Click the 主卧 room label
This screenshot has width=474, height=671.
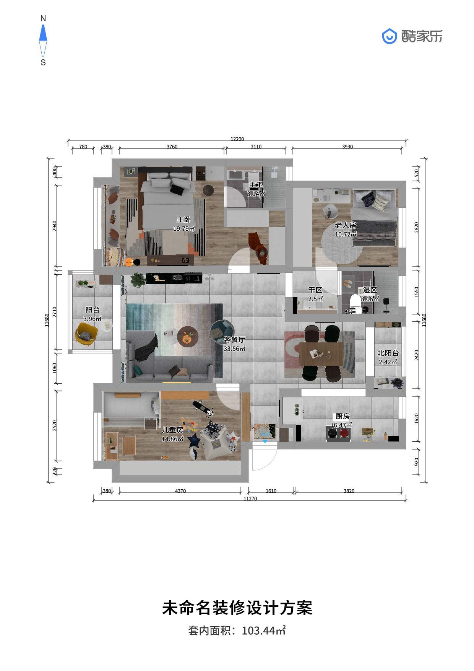[183, 220]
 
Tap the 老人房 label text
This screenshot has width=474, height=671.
[346, 225]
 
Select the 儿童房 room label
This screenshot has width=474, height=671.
[172, 430]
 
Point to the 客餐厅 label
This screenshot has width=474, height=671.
[234, 340]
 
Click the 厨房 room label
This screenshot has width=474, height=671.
[343, 416]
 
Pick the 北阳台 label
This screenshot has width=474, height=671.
[388, 353]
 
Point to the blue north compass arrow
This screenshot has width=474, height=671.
[43, 33]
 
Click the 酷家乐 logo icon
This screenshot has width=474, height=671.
[390, 36]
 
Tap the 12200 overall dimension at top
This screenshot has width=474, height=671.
[237, 139]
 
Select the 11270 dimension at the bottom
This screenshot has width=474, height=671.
[250, 498]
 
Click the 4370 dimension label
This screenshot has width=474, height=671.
[180, 491]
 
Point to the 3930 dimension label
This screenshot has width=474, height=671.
[347, 147]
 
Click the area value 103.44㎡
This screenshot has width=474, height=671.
[263, 630]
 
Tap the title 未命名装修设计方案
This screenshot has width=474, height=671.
[237, 607]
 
